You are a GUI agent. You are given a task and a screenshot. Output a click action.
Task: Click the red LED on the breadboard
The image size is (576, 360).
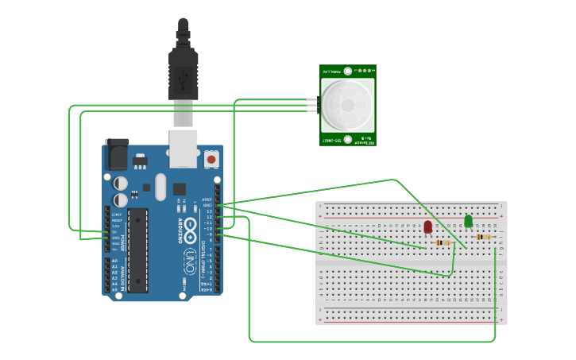point(428,226)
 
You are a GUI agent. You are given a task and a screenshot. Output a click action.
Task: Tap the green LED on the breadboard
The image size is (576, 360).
point(468,220)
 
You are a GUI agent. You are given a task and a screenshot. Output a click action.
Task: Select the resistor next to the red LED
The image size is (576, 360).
point(443,242)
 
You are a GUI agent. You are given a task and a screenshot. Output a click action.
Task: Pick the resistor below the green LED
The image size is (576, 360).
point(483,236)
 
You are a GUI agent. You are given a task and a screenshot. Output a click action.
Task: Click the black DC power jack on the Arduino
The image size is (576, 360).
point(117,153)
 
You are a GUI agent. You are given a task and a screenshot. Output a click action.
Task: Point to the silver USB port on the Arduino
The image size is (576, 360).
point(184,149)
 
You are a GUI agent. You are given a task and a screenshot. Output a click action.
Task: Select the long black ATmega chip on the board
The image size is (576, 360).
point(137,250)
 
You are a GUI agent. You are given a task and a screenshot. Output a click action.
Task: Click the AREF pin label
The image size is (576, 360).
point(207,199)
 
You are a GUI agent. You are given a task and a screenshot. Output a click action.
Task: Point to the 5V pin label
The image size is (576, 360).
point(114,232)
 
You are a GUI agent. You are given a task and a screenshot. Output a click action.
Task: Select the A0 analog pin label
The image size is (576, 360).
point(114,261)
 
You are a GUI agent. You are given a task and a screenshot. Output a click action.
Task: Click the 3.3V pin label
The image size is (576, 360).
point(115,226)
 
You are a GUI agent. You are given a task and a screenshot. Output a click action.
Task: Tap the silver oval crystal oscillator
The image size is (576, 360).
point(160,188)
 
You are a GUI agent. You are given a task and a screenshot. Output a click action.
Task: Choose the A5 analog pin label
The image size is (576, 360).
point(114,289)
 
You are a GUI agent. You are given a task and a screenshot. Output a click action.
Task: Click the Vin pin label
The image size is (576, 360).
point(114,249)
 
